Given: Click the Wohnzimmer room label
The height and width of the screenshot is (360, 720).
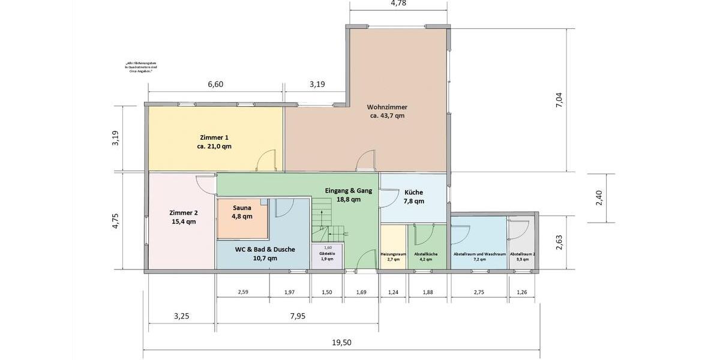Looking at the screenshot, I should (387, 107).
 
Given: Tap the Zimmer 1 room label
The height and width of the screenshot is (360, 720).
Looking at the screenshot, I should (214, 137).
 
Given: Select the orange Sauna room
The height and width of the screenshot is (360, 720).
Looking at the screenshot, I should (242, 219).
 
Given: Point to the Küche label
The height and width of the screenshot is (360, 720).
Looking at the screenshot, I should (413, 193).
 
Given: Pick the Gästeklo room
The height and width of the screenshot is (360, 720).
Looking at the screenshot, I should (328, 256).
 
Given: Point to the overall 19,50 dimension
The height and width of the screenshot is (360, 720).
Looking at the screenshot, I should (341, 343).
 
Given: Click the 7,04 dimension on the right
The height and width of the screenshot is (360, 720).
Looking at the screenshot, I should (560, 100).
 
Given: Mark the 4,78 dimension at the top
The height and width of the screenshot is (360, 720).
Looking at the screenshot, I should (399, 4).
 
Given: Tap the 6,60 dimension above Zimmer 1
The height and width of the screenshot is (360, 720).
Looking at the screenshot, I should (215, 85).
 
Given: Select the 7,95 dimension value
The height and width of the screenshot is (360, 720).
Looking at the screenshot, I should (297, 316).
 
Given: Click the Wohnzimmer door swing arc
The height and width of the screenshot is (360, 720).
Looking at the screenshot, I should (364, 163).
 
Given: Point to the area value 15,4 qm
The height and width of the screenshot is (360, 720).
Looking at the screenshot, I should (182, 221).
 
